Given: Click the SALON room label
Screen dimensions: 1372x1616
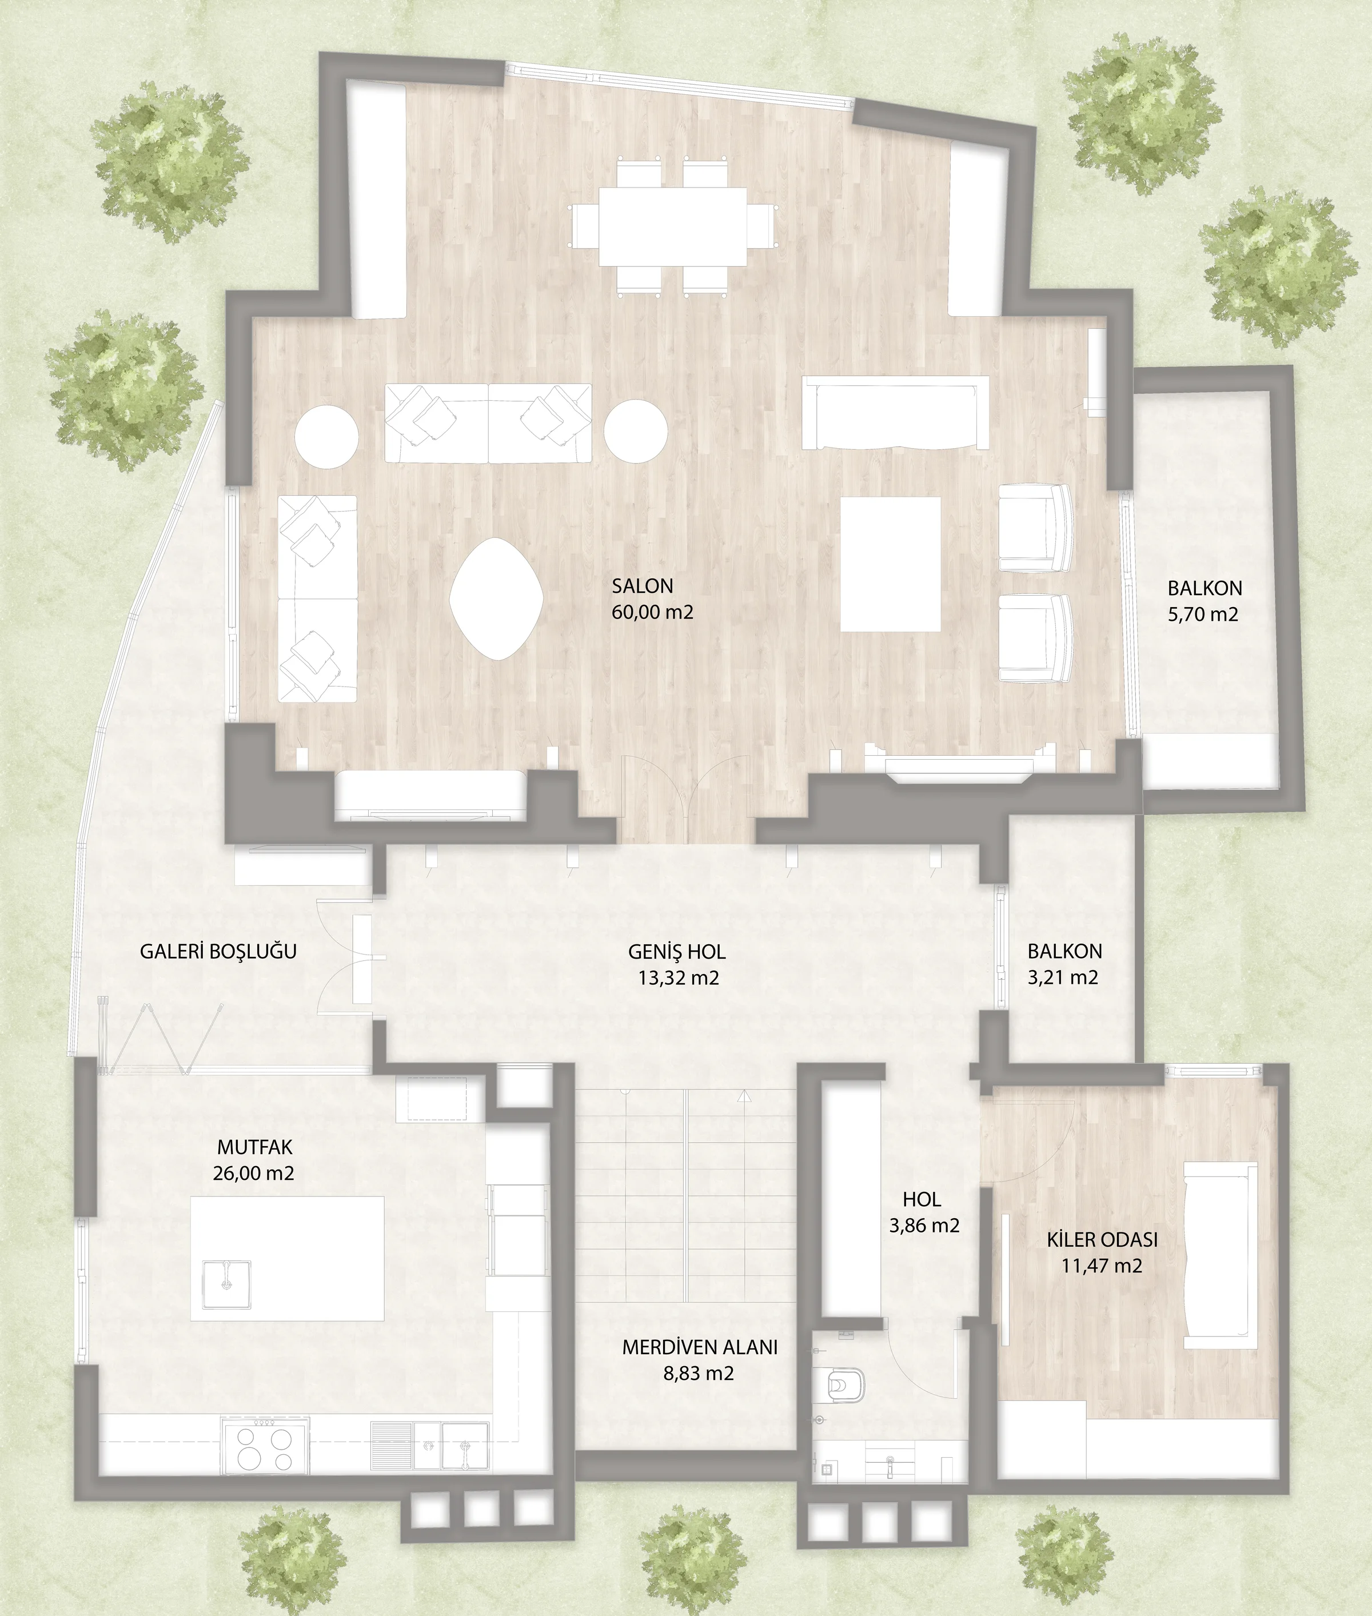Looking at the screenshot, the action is click(x=643, y=585).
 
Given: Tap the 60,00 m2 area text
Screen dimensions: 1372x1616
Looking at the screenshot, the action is click(x=652, y=612).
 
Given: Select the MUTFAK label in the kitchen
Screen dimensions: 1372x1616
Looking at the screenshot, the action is click(x=255, y=1147).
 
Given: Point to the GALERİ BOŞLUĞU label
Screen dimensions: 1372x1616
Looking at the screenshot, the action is click(x=218, y=951).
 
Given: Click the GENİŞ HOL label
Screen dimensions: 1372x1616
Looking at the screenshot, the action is click(x=677, y=951).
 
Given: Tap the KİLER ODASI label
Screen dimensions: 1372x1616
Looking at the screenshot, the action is click(x=1102, y=1239).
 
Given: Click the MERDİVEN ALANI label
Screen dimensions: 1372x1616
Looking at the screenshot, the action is click(x=700, y=1347).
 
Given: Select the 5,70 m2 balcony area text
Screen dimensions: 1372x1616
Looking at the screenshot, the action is click(x=1203, y=615).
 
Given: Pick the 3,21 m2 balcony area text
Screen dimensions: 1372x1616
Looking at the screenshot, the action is click(x=1063, y=977).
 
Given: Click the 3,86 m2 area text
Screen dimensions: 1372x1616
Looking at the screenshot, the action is click(x=924, y=1226).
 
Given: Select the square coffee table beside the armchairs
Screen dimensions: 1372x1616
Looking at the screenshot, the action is click(x=891, y=564).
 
